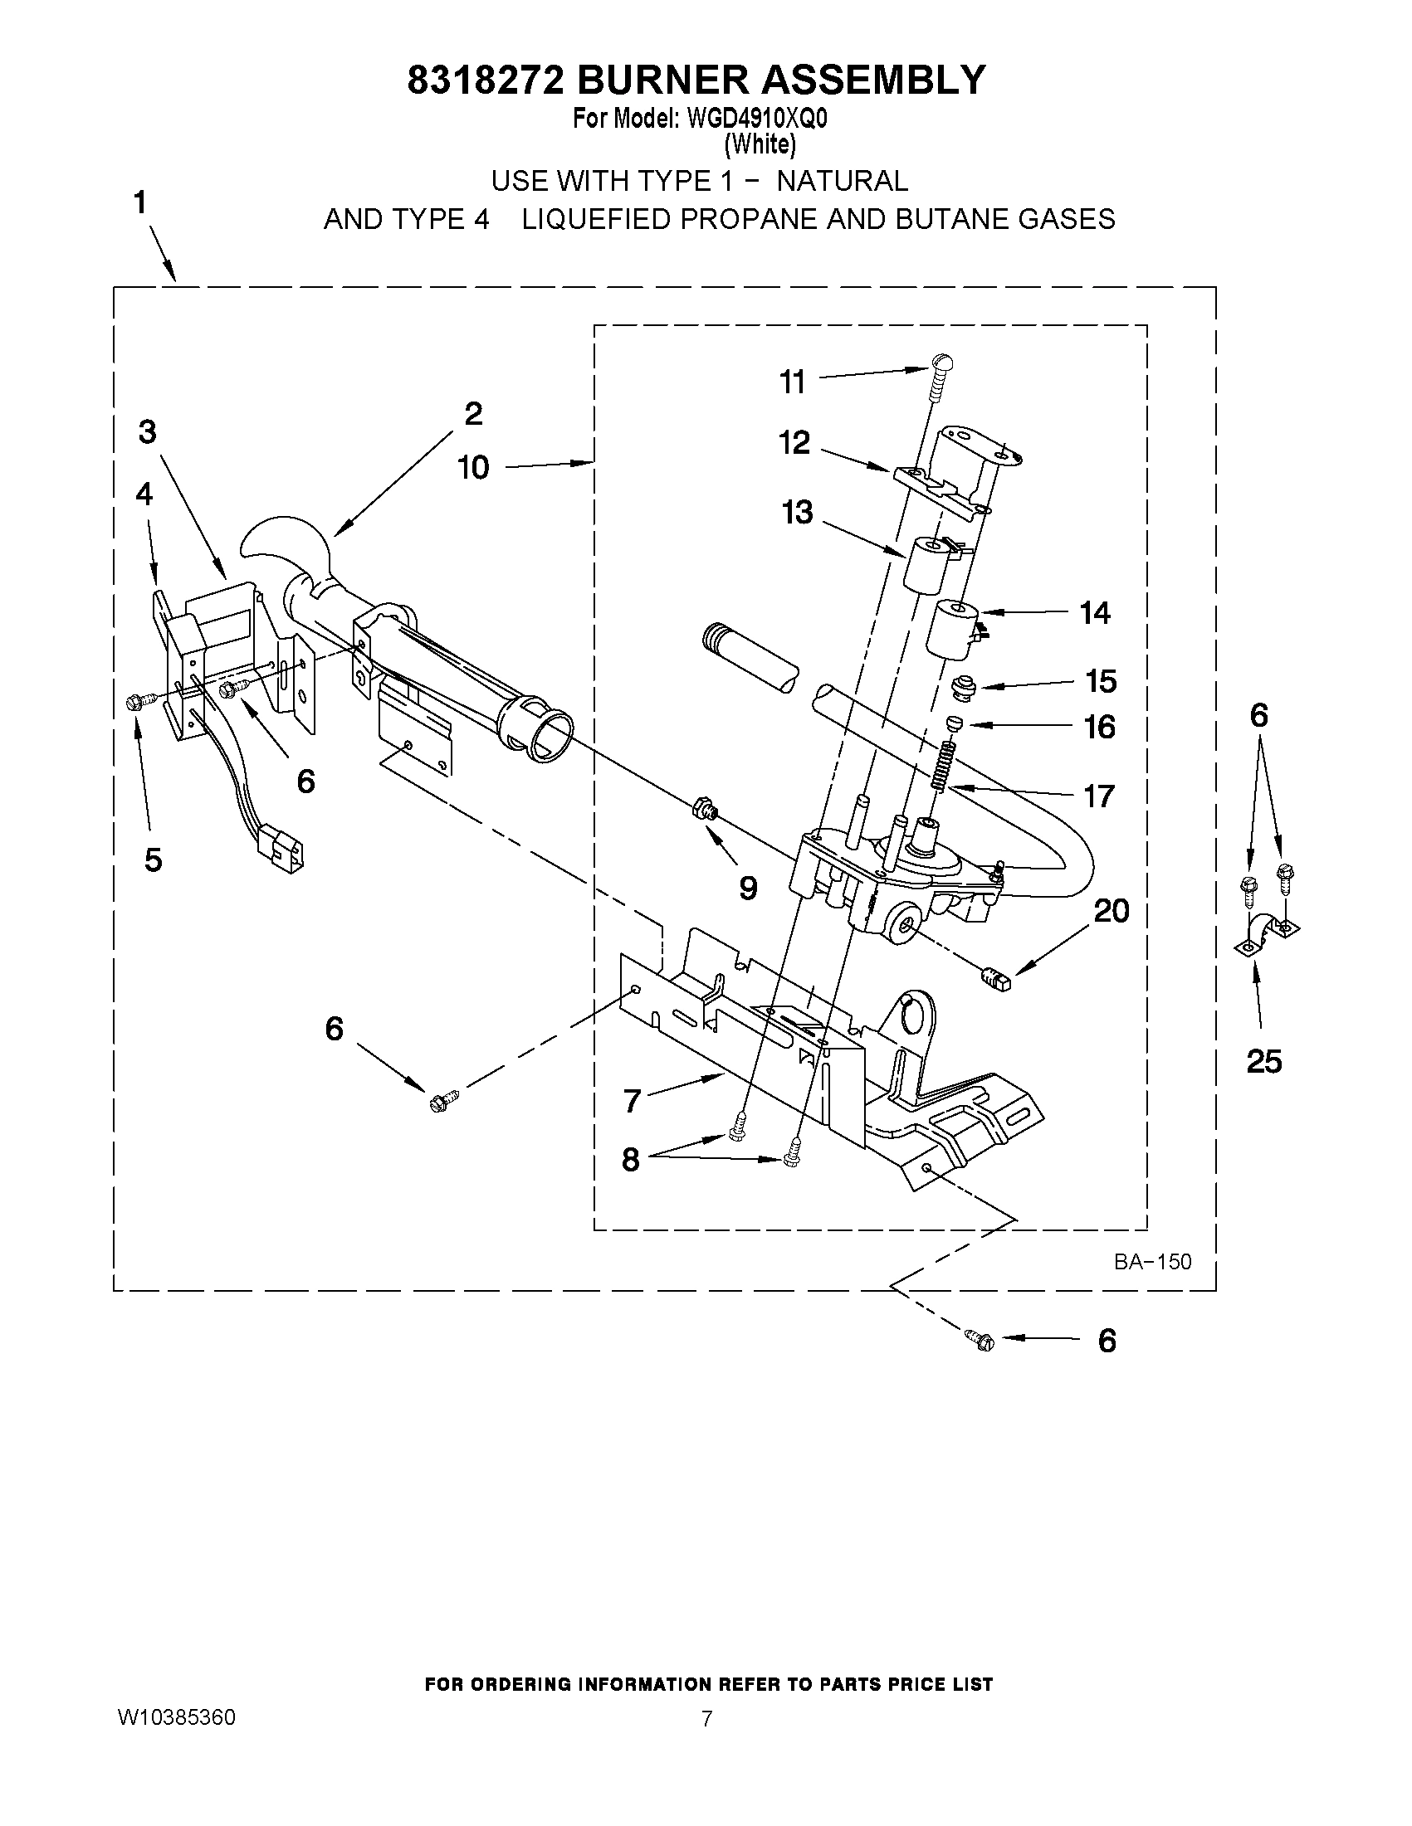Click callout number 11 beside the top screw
click(791, 382)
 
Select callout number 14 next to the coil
click(1094, 613)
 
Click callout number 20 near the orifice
click(1112, 910)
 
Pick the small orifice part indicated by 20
click(994, 976)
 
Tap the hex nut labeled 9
click(701, 810)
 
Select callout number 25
click(1263, 1062)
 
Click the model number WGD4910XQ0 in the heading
click(757, 119)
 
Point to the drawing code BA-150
click(1152, 1262)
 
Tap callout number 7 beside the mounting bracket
click(633, 1101)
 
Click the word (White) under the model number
click(760, 144)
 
